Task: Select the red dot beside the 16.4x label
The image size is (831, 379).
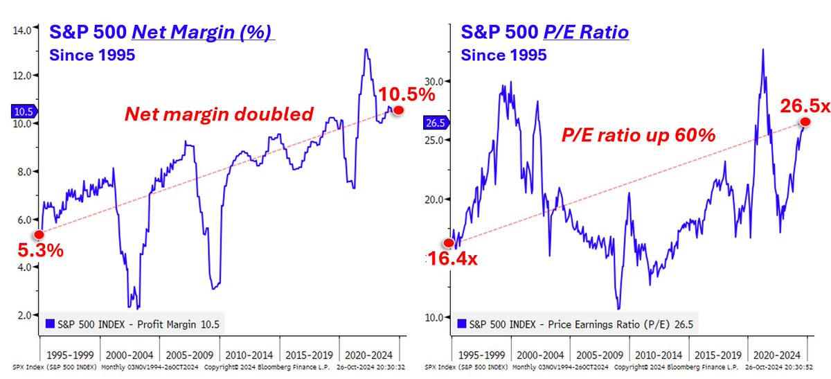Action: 449,243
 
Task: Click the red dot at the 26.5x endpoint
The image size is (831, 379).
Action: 805,122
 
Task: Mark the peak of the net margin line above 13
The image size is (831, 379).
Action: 365,49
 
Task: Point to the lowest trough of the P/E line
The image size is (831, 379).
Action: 618,308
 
